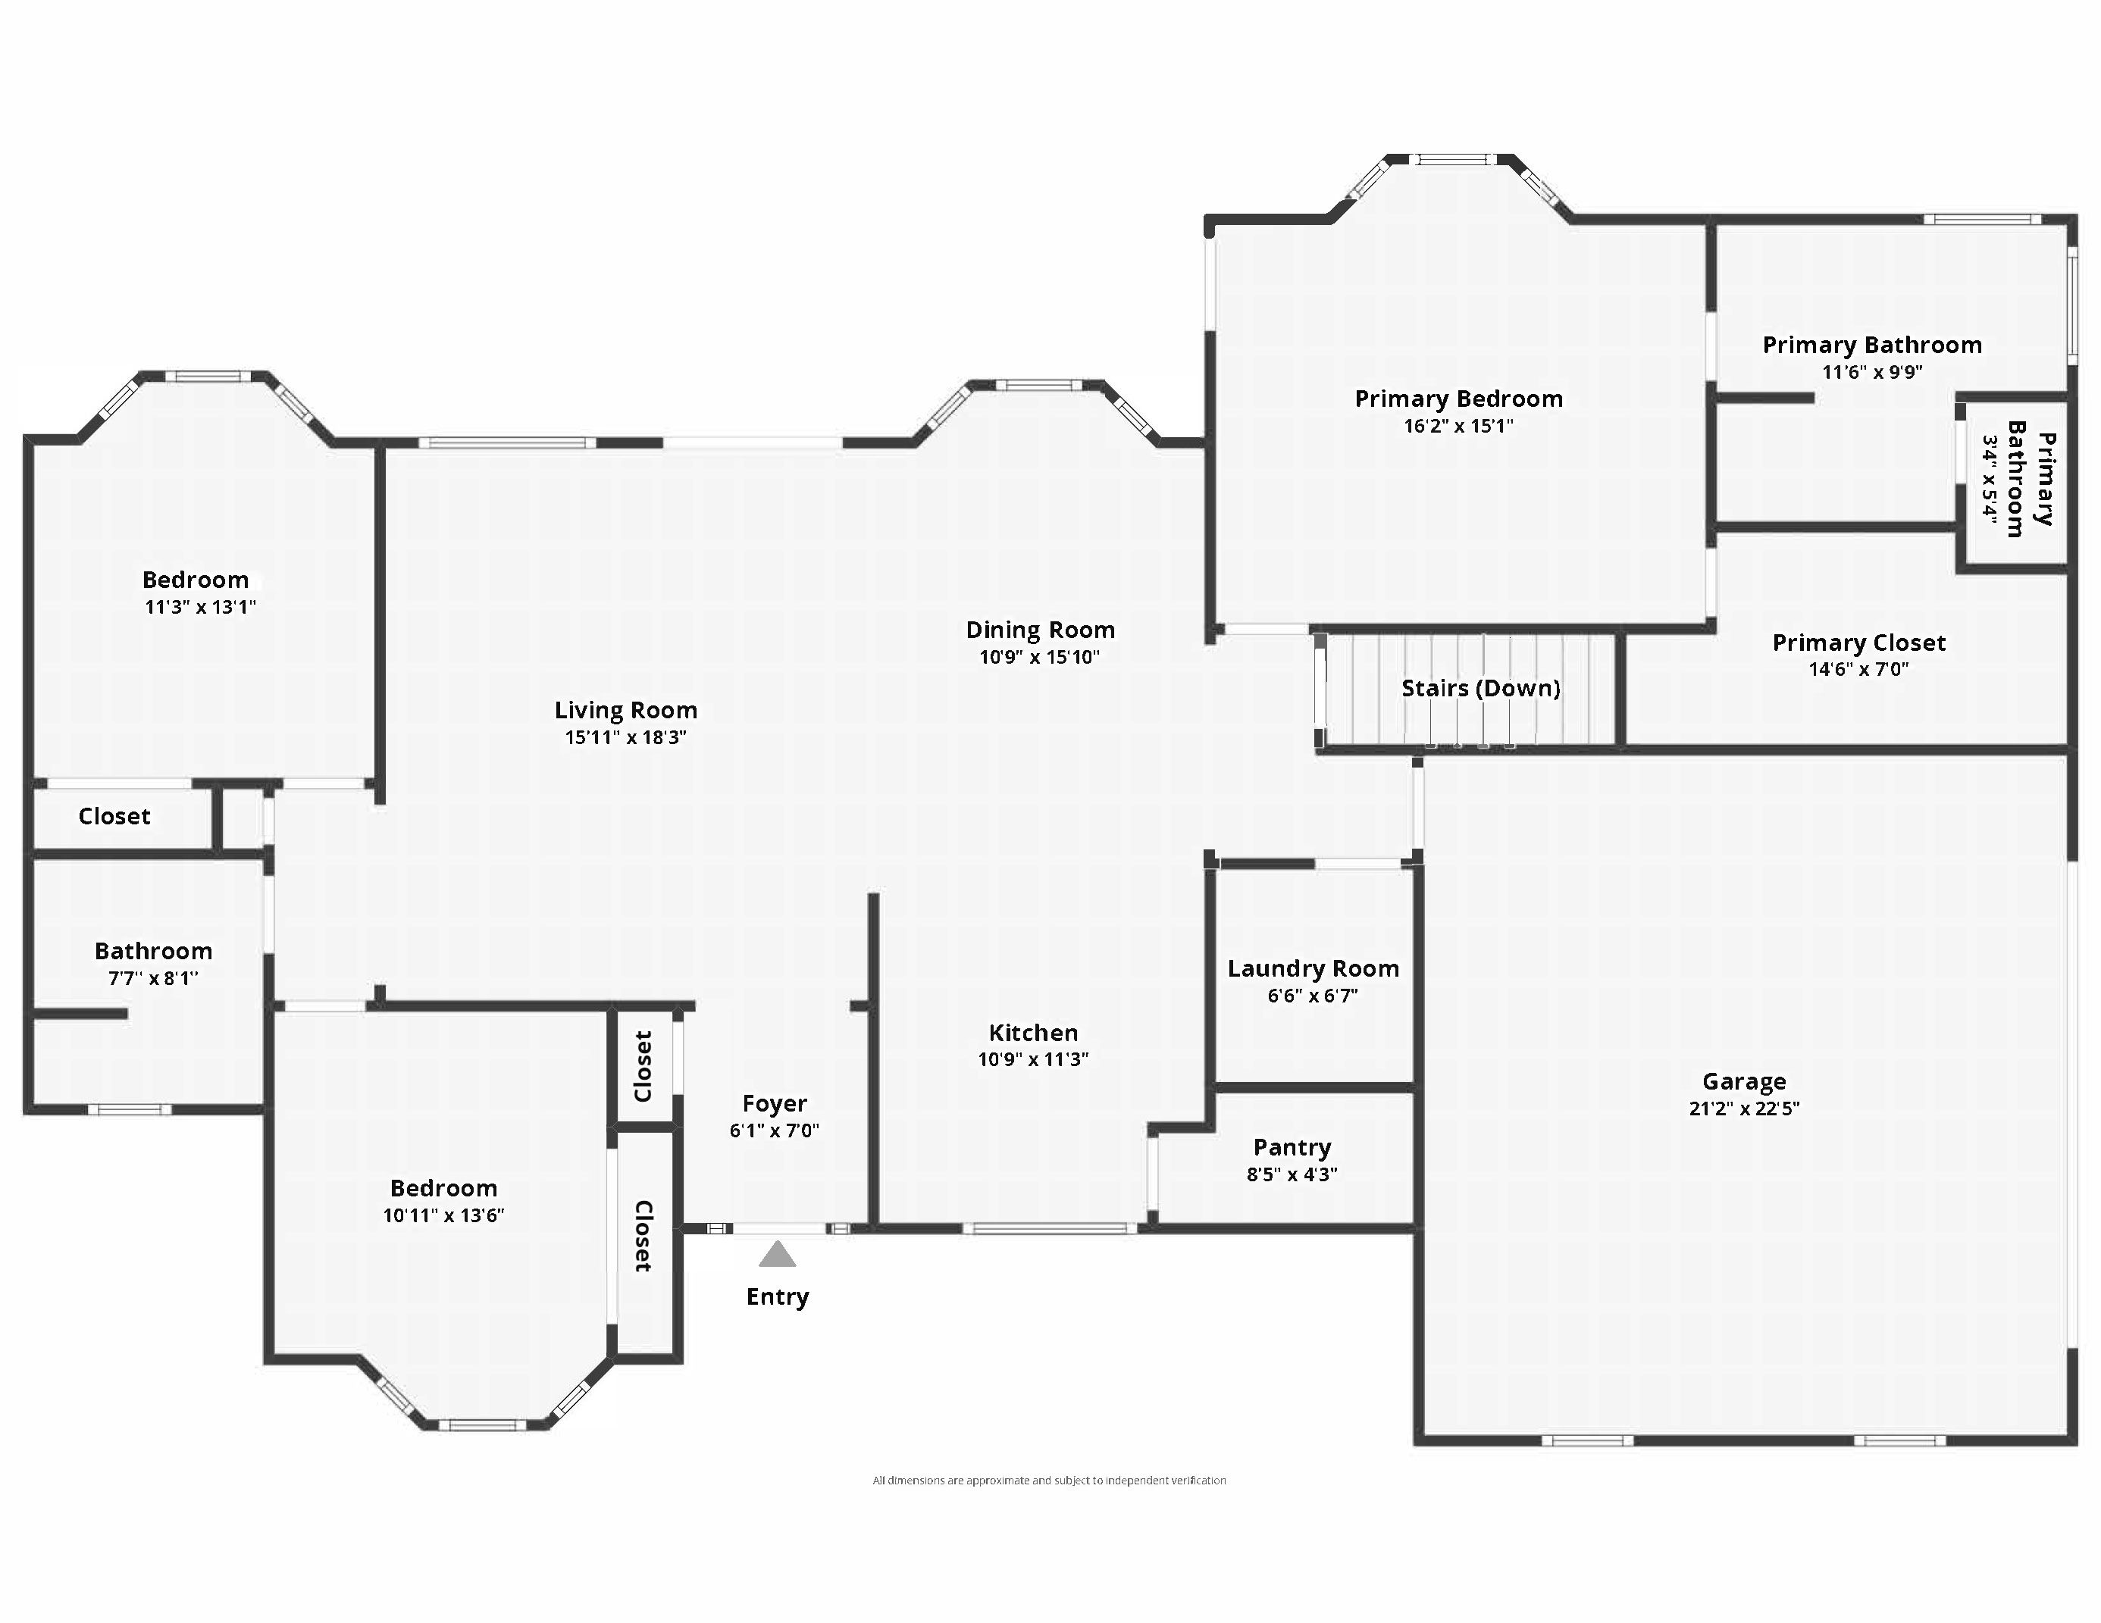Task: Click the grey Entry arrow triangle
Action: click(778, 1255)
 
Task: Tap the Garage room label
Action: click(1743, 1082)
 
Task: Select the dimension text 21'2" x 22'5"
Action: click(1743, 1109)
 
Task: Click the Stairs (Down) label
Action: click(1480, 689)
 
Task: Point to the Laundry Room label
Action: click(1313, 969)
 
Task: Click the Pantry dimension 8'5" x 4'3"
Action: click(1292, 1174)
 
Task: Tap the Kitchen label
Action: click(1033, 1033)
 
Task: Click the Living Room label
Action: click(625, 711)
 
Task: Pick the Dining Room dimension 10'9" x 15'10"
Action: click(1039, 658)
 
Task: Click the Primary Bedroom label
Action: click(1458, 399)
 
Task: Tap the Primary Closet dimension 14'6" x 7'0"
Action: click(1858, 669)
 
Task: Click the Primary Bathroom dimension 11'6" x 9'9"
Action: click(1871, 372)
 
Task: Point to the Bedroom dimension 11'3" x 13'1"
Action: click(200, 607)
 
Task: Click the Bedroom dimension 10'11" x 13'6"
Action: click(443, 1215)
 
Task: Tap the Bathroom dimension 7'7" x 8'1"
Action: click(153, 979)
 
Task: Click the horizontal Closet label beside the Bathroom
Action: click(114, 816)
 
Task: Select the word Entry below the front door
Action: click(778, 1297)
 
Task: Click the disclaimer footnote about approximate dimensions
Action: click(1048, 1481)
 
